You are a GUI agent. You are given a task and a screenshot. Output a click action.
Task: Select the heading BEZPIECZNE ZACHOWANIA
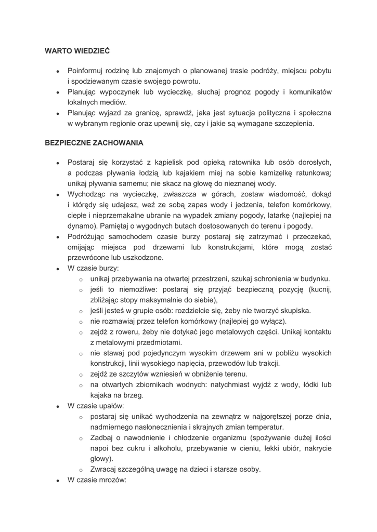94,142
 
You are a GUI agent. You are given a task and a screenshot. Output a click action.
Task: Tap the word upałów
110,406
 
